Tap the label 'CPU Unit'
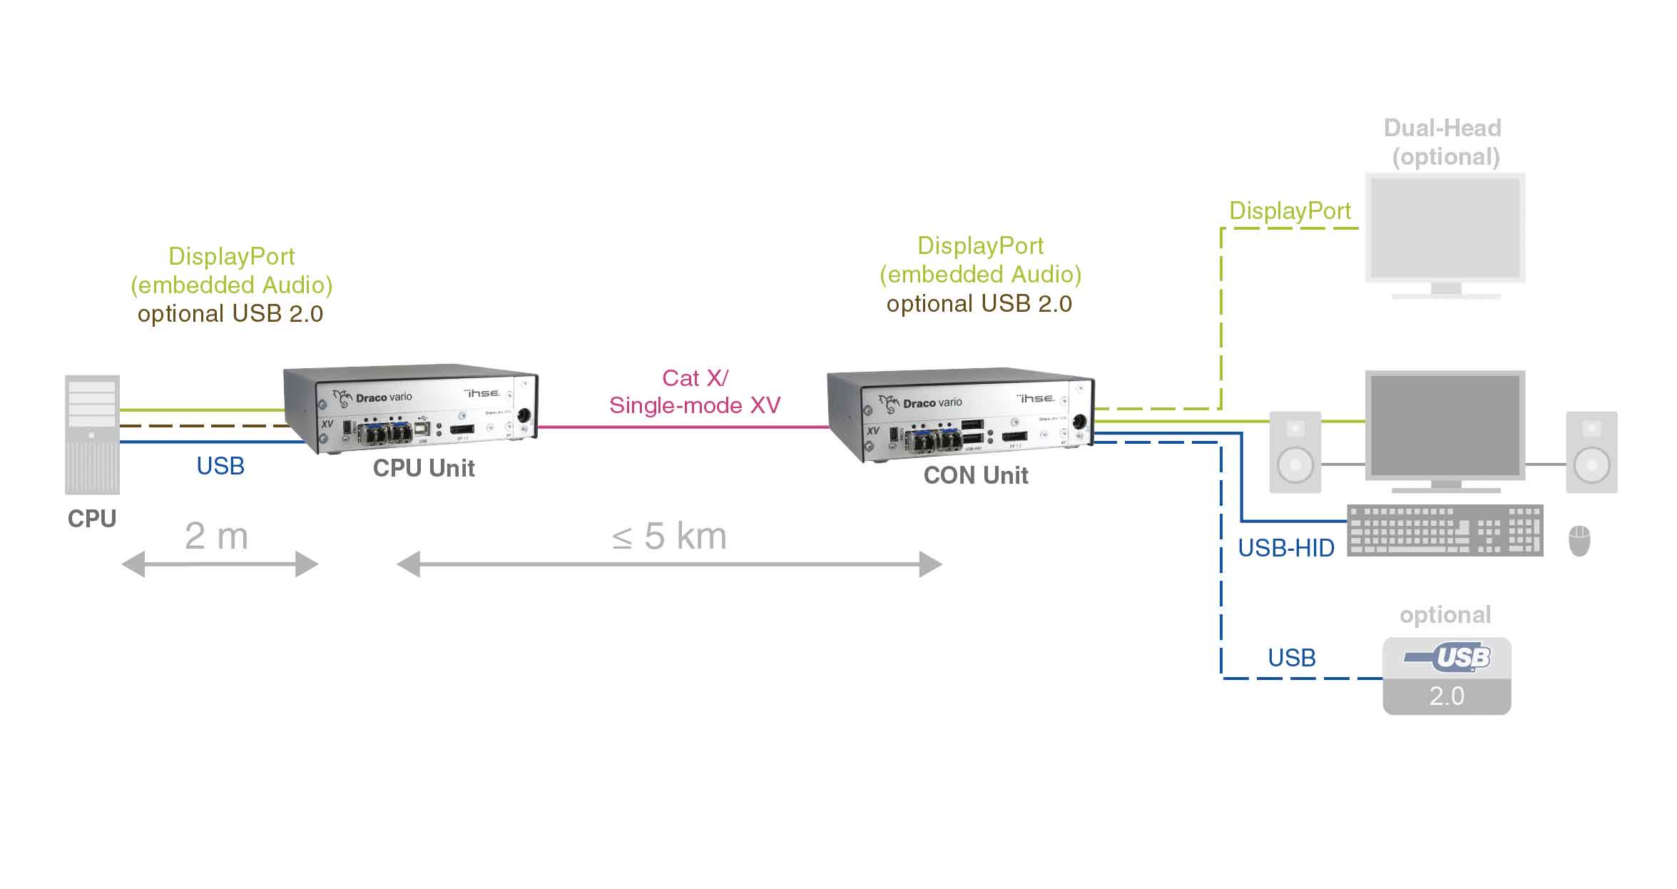point(424,468)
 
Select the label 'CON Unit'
point(975,475)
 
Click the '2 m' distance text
point(216,536)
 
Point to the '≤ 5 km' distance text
point(669,536)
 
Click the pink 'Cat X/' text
point(695,377)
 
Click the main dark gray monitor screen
point(1445,426)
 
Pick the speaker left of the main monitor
point(1295,452)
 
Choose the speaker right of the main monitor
point(1591,452)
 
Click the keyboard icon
point(1444,530)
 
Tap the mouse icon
point(1579,541)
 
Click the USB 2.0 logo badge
point(1447,675)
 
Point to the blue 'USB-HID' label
point(1285,548)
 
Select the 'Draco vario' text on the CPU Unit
point(383,397)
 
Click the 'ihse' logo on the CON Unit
point(1036,397)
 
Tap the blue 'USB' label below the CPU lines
point(220,466)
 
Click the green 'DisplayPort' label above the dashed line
point(1290,210)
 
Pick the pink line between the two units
point(682,427)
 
